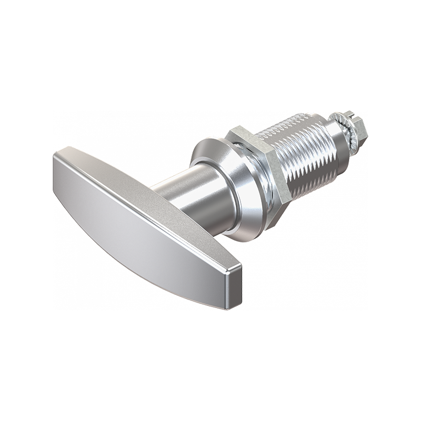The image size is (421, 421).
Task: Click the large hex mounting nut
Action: pos(263,174)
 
